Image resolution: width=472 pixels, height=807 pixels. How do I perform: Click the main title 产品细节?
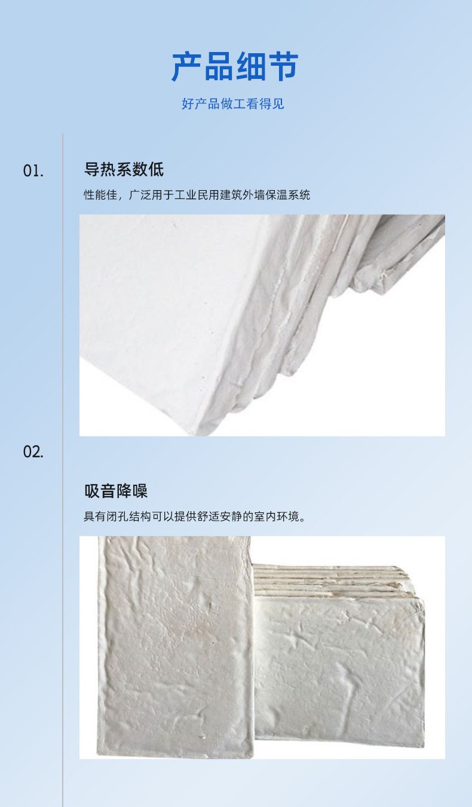pyautogui.click(x=235, y=66)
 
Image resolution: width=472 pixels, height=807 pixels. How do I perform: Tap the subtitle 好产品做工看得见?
pyautogui.click(x=233, y=104)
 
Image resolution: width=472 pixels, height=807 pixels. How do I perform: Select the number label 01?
pyautogui.click(x=33, y=171)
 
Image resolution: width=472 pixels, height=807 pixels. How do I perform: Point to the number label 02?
pyautogui.click(x=33, y=452)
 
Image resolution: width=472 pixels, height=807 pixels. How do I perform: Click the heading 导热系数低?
pyautogui.click(x=124, y=169)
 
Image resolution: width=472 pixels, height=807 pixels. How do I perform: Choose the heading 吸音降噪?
pyautogui.click(x=116, y=491)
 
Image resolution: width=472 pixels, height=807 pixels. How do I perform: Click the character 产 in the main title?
pyautogui.click(x=186, y=66)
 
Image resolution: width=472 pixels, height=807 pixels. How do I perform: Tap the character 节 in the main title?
pyautogui.click(x=283, y=66)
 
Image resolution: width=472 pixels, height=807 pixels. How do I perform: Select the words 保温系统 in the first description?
pyautogui.click(x=287, y=195)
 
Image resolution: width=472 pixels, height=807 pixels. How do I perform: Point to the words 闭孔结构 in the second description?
pyautogui.click(x=129, y=516)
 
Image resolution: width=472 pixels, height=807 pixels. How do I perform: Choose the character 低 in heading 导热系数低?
pyautogui.click(x=157, y=169)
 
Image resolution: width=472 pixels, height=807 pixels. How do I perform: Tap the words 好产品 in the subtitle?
pyautogui.click(x=201, y=104)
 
